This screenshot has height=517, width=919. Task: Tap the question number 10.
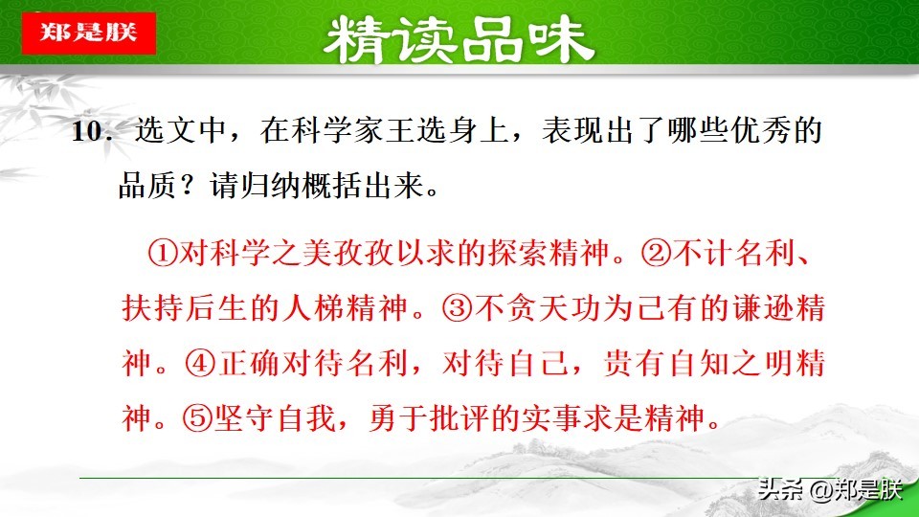click(96, 133)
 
